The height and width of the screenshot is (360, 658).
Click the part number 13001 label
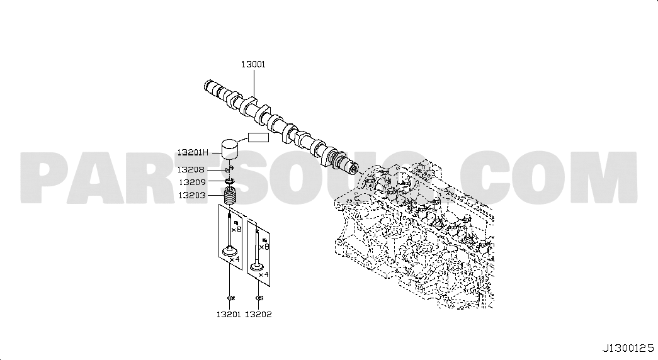(x=253, y=65)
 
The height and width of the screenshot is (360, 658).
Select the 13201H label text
(x=192, y=153)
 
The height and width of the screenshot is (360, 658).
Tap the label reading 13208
(x=191, y=170)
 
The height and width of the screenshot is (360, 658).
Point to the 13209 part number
(x=192, y=183)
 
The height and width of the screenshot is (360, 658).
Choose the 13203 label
(x=192, y=196)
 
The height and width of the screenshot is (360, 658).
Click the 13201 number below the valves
(x=229, y=314)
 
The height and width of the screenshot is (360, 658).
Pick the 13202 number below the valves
(x=259, y=314)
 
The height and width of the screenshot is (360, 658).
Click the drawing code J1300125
(x=628, y=348)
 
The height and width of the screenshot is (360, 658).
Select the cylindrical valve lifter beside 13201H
(x=230, y=149)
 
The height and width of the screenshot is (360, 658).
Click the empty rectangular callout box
(x=259, y=137)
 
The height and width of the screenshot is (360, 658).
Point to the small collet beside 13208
(x=230, y=169)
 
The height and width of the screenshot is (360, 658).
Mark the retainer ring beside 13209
(x=230, y=181)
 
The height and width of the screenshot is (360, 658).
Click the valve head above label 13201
(x=230, y=252)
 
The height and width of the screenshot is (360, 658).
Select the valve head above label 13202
(x=256, y=267)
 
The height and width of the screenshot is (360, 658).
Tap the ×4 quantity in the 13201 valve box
(x=235, y=260)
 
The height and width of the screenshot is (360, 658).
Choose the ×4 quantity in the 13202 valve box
(x=263, y=275)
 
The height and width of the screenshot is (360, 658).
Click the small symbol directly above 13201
(x=230, y=298)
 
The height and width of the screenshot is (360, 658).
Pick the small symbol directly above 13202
(x=259, y=298)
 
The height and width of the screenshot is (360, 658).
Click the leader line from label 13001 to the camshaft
(x=254, y=84)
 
